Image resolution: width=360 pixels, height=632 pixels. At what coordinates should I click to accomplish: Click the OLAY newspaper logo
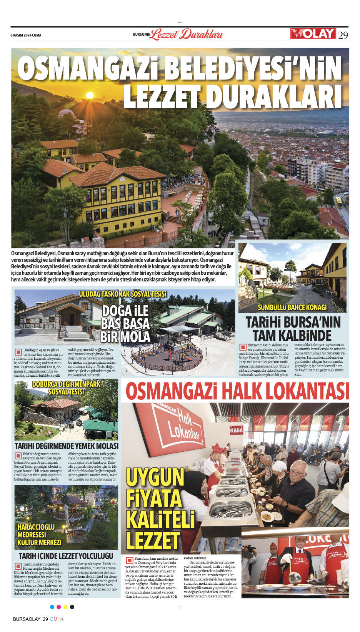pos(313,33)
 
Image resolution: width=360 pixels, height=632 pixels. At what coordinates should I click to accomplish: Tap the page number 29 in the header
pos(343,35)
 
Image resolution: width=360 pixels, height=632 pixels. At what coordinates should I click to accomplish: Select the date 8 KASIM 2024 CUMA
pos(26,35)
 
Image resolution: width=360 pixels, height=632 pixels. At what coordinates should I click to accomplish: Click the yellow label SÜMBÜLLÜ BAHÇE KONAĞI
pos(292,307)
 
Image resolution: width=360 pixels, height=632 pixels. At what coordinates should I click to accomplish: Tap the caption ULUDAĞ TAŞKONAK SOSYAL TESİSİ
pos(122,294)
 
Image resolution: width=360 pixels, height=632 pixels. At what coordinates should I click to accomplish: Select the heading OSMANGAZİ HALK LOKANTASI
pos(237,391)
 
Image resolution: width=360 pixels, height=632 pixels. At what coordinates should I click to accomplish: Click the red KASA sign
pos(236,430)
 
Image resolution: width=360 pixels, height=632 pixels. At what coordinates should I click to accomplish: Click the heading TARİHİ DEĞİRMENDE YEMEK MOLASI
pos(66,446)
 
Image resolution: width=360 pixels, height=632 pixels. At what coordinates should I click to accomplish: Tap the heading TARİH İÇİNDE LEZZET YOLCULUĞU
pos(66,556)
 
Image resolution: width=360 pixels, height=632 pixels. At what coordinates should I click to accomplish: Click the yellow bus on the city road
pos(339,201)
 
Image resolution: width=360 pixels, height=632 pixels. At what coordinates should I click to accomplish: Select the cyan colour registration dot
pos(52,607)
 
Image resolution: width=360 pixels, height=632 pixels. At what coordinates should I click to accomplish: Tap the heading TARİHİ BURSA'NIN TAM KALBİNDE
pos(293,328)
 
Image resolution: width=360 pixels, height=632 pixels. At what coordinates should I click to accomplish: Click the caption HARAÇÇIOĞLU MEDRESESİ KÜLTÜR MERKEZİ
pos(39,534)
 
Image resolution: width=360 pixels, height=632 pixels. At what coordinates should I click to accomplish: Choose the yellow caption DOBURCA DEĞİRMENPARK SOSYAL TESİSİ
pos(66,388)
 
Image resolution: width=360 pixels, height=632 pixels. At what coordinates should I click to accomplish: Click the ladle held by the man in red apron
pos(295,576)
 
